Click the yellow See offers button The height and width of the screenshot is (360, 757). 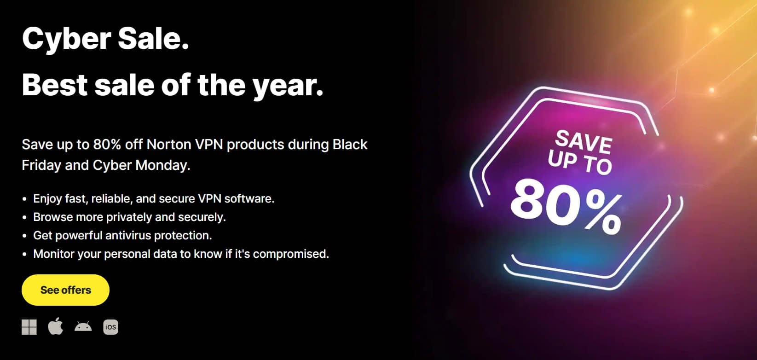(65, 290)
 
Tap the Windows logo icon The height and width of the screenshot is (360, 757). (29, 327)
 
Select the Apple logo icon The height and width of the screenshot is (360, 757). (56, 326)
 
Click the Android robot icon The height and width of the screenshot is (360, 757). (83, 326)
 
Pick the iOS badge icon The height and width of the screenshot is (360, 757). (111, 327)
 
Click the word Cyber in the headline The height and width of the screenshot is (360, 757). (67, 39)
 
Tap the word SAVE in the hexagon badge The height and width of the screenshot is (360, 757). (584, 142)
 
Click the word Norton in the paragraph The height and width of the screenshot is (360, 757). (169, 145)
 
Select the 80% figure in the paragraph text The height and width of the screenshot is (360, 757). (107, 145)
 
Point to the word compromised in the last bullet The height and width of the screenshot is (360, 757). (291, 254)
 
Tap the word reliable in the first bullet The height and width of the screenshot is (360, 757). (111, 199)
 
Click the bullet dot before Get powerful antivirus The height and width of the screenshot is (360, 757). (24, 236)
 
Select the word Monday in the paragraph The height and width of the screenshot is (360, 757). (163, 165)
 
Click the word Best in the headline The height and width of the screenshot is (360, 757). (55, 86)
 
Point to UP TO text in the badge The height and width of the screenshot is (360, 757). (580, 162)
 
